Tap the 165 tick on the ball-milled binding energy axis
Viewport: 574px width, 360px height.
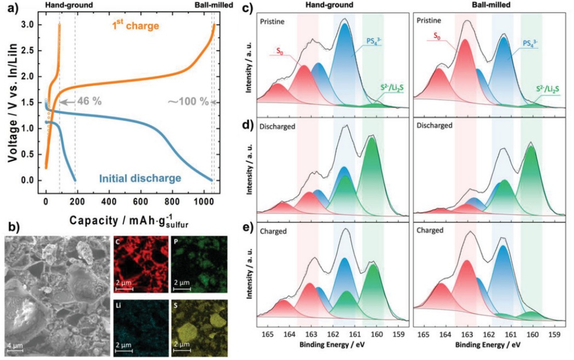[x=424, y=334]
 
